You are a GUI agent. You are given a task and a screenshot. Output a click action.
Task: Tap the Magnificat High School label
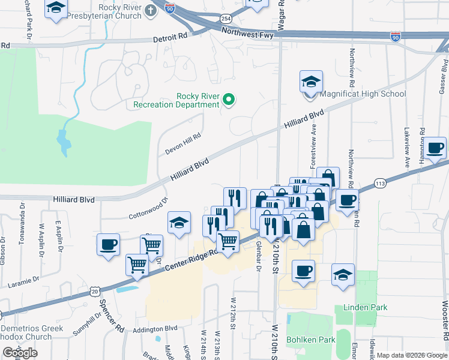point(363,94)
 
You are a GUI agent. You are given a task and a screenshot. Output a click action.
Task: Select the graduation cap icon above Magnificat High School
point(311,82)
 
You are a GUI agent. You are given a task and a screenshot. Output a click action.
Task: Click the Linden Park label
point(365,307)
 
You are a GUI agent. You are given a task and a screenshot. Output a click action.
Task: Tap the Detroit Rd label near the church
point(170,37)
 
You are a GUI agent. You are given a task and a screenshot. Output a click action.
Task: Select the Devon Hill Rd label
point(182,145)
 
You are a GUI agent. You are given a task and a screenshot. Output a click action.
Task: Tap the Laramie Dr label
point(23,279)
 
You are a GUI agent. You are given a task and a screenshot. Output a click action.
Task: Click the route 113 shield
point(379,182)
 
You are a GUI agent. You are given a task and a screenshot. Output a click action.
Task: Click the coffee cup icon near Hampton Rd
point(436,148)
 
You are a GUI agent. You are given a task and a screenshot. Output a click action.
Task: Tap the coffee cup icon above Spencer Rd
point(108,245)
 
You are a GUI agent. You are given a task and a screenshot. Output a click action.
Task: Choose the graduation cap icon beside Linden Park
point(343,275)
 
